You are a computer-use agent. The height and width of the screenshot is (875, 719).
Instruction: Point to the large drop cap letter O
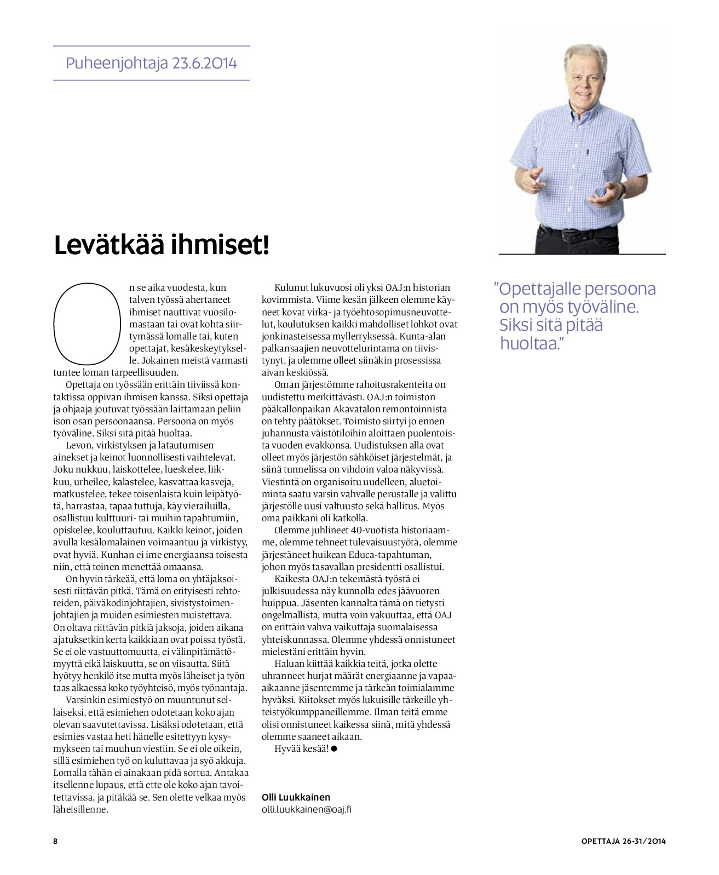coord(86,323)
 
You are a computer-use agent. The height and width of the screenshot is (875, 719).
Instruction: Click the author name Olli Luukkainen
coord(296,797)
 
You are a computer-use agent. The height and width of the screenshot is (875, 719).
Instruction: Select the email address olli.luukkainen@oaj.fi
coord(307,809)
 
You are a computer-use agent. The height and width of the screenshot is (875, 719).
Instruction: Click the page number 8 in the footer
coord(55,841)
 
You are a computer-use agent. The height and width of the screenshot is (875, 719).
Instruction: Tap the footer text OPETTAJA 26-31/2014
coord(624,841)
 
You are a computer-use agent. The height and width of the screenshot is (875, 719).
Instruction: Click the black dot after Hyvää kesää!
coord(334,749)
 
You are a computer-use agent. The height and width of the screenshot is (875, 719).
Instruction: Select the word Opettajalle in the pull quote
coord(548,289)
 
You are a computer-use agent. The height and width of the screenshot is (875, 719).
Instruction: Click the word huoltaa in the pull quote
coord(530,343)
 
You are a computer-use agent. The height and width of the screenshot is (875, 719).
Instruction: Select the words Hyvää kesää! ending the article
coord(301,749)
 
